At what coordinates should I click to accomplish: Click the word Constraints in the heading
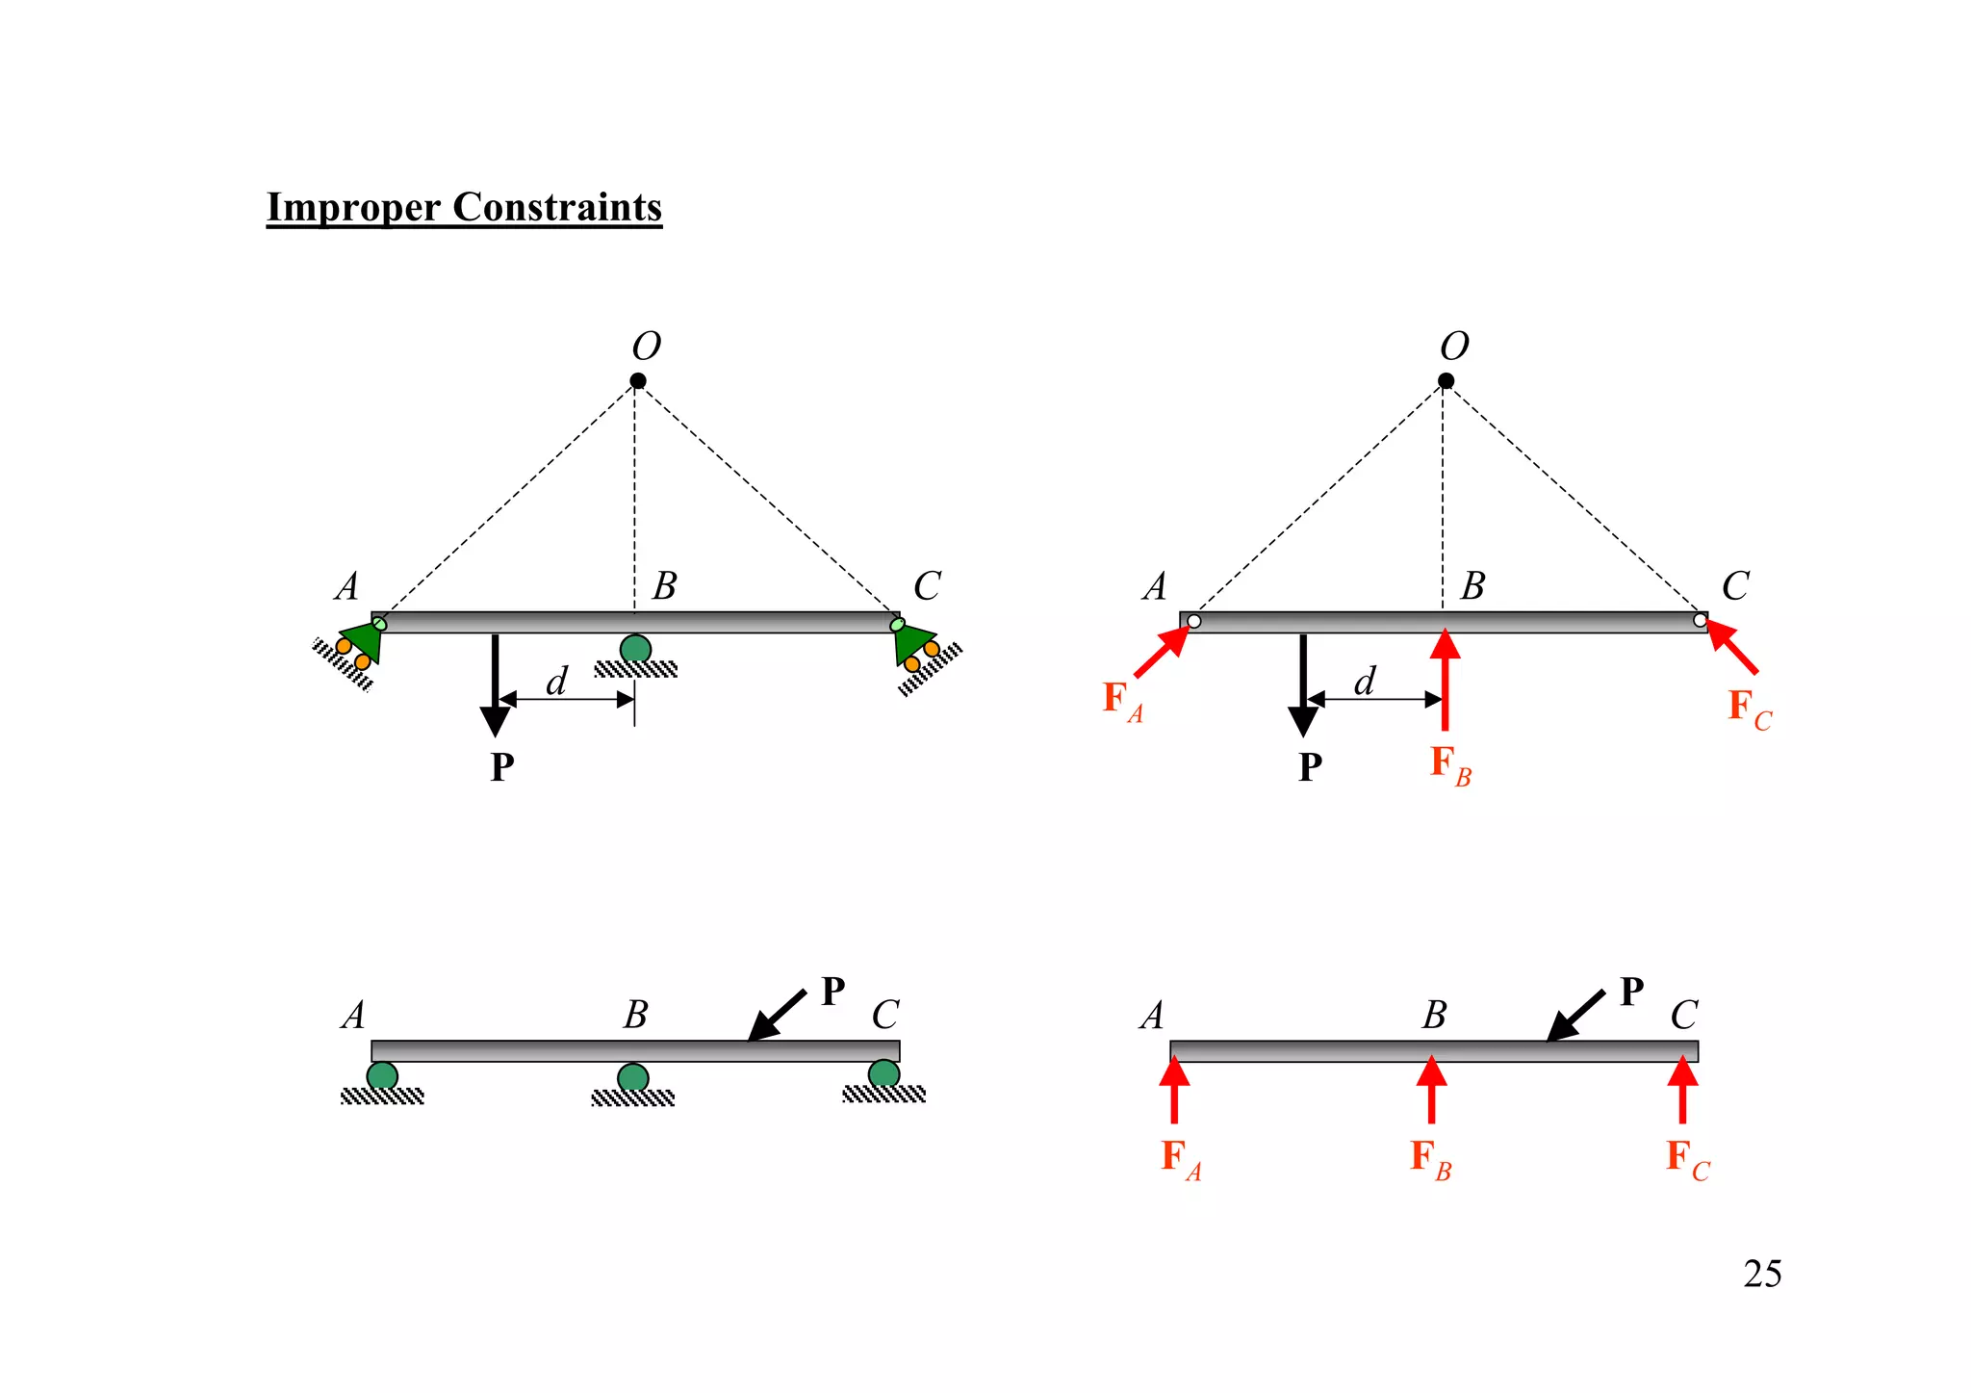click(557, 207)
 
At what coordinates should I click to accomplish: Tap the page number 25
click(1761, 1274)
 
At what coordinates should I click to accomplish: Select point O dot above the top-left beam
click(637, 381)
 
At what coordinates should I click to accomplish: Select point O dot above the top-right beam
click(1446, 381)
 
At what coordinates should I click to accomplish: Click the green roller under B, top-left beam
click(635, 650)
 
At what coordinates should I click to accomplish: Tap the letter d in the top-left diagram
click(556, 682)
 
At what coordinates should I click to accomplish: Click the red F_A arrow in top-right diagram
click(1161, 652)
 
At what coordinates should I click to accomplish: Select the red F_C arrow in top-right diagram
click(1733, 648)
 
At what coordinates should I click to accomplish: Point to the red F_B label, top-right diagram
click(1449, 765)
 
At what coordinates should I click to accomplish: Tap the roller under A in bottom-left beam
click(382, 1076)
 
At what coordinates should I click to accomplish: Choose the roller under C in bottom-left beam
click(883, 1074)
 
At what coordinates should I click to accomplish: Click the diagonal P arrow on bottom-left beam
click(777, 1016)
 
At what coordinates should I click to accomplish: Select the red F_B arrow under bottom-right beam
click(1431, 1090)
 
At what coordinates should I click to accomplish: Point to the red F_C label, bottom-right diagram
click(1687, 1158)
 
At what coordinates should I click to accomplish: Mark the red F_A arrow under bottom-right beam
click(1174, 1090)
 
